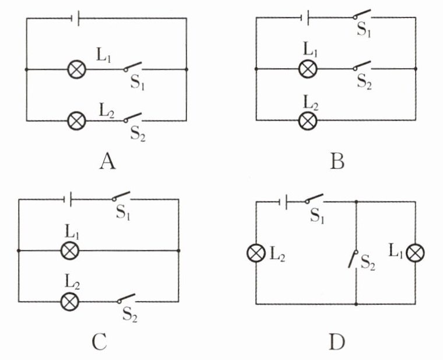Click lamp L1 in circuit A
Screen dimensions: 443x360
pos(77,69)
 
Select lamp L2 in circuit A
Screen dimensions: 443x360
pos(77,121)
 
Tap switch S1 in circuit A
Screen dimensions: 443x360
pos(132,66)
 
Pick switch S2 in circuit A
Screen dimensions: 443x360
pos(132,118)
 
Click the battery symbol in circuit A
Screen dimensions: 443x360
pos(76,19)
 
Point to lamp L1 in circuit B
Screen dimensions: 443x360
pos(308,69)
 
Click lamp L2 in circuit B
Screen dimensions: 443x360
pos(308,121)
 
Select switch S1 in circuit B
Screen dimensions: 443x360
pos(362,14)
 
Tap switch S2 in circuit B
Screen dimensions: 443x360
pos(362,65)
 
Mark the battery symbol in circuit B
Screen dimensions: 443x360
pos(305,18)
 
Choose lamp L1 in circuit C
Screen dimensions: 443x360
pos(70,250)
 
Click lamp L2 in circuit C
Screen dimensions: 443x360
pos(70,302)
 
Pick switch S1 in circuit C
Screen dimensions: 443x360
pos(121,196)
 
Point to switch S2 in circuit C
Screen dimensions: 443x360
pos(126,298)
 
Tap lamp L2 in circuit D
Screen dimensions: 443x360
pos(256,253)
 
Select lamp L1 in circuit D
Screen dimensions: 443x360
pos(415,253)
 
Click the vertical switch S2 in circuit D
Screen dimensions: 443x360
pos(353,259)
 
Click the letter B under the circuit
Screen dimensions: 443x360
pos(337,162)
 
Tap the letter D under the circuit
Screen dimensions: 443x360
pos(337,342)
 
